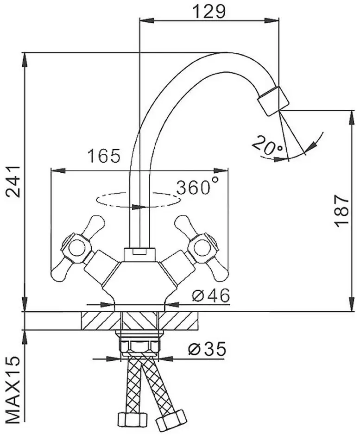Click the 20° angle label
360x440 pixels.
(268, 145)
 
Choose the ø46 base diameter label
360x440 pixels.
(211, 295)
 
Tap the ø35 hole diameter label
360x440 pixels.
(207, 349)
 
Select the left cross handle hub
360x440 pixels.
(76, 248)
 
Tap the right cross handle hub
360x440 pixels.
(202, 248)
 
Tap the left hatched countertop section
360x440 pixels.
(101, 321)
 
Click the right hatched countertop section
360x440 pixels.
(178, 321)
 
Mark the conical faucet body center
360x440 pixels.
(139, 282)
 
